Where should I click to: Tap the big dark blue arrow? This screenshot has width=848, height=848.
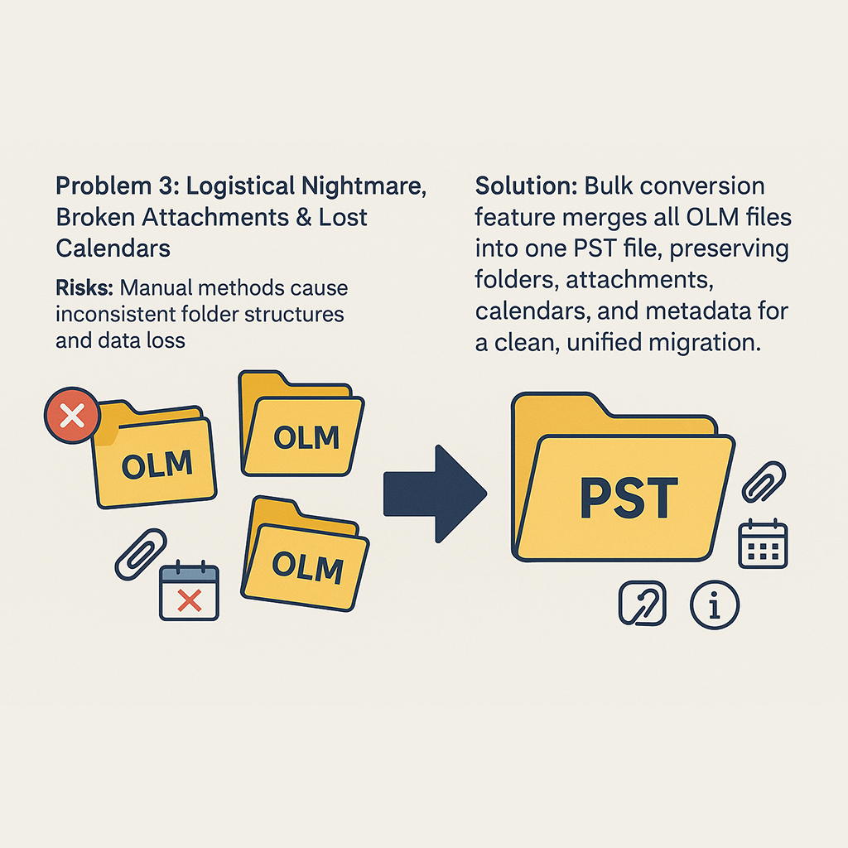pyautogui.click(x=434, y=494)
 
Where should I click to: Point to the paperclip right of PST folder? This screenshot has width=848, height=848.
pyautogui.click(x=764, y=482)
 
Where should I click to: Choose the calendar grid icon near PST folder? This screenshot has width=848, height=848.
pyautogui.click(x=762, y=543)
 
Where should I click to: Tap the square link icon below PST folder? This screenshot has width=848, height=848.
pyautogui.click(x=643, y=602)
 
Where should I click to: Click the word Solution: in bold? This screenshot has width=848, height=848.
pyautogui.click(x=526, y=186)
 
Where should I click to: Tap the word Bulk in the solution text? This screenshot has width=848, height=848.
pyautogui.click(x=611, y=186)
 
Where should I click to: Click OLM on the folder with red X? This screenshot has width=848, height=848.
pyautogui.click(x=157, y=465)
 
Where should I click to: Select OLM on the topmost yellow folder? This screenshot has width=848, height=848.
pyautogui.click(x=306, y=436)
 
